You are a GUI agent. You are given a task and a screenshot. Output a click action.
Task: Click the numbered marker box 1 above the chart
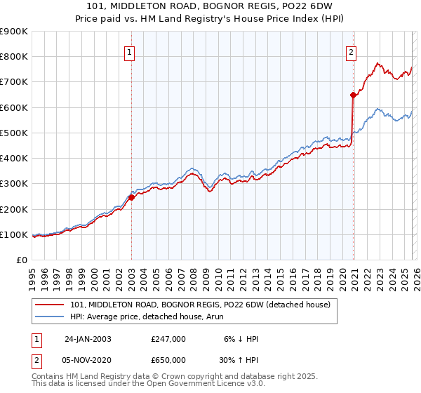[x=130, y=51]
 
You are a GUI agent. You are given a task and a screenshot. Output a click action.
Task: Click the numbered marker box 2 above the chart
[x=351, y=51]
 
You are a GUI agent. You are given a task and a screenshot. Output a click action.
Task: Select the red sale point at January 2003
[x=131, y=197]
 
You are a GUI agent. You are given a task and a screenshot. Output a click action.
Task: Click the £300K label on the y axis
[x=14, y=184]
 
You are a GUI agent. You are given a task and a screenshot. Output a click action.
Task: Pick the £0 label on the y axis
[x=22, y=260]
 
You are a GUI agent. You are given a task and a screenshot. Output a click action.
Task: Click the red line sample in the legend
[x=51, y=304]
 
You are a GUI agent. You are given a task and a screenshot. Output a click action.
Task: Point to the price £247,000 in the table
[x=168, y=339]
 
